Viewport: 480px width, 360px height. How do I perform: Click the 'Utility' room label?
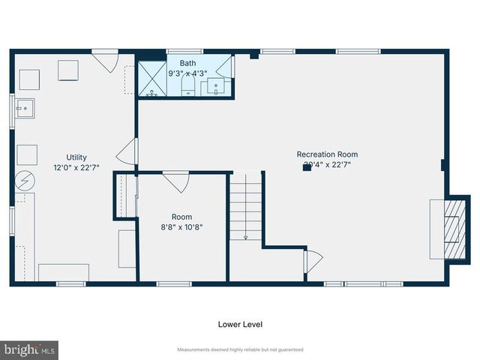[x=76, y=157]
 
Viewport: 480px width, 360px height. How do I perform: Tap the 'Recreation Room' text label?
[x=326, y=154]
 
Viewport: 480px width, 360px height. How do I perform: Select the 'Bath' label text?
[x=187, y=64]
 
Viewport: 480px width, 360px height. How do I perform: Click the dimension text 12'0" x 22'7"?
[x=76, y=167]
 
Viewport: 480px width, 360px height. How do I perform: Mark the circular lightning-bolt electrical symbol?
[x=24, y=181]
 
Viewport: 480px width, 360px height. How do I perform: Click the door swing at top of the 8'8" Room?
[x=176, y=181]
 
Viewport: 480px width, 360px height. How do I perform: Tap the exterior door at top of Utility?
[x=106, y=61]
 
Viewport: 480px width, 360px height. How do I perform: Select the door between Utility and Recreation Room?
[x=130, y=152]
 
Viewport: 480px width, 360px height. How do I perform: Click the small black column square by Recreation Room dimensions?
[x=306, y=168]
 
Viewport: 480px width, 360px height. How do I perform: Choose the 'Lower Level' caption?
[x=240, y=325]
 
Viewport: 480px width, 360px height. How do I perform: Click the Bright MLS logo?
[x=30, y=349]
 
